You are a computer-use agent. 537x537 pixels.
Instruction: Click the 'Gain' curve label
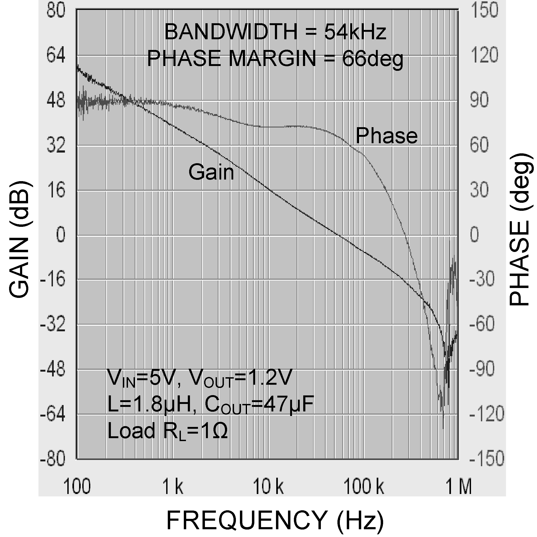[x=211, y=172]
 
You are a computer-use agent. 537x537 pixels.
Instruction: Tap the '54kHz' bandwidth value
[x=355, y=32]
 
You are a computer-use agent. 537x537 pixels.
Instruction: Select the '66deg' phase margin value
[x=372, y=59]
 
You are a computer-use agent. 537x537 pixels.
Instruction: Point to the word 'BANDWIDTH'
[x=231, y=32]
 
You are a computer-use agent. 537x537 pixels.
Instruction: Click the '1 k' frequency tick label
[x=172, y=487]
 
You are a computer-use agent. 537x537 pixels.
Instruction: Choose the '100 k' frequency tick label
[x=364, y=487]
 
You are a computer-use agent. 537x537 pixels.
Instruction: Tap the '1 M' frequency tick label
[x=459, y=487]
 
